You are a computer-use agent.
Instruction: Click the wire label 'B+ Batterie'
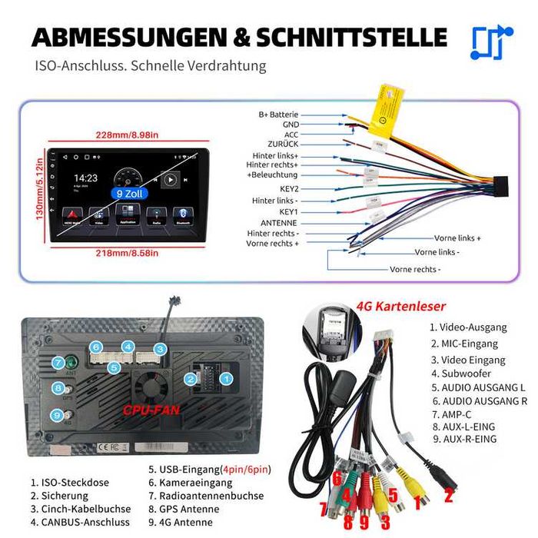point(277,115)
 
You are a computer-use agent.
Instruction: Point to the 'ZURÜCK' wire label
point(283,144)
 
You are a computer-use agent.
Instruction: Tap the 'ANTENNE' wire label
point(279,223)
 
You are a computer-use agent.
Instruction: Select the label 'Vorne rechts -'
point(415,269)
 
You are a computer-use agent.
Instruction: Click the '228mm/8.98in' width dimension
point(128,134)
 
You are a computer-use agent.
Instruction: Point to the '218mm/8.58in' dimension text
point(127,253)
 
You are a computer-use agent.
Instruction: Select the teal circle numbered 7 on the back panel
point(58,363)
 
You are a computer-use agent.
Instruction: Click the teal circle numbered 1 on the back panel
point(226,378)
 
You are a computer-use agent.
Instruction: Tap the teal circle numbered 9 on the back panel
point(58,415)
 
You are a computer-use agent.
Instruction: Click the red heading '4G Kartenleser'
point(400,306)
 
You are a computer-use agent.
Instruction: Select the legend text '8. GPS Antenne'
point(189,510)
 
